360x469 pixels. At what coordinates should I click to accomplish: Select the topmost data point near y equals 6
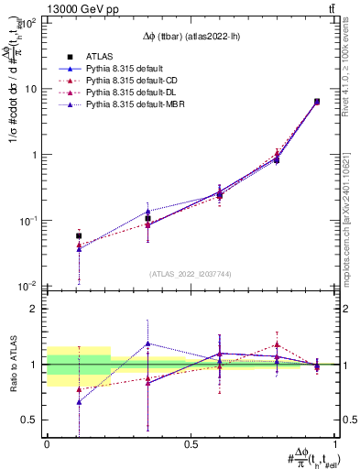(317, 102)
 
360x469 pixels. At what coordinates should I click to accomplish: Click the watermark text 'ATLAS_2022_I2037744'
(191, 274)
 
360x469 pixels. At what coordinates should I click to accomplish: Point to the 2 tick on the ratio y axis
(35, 309)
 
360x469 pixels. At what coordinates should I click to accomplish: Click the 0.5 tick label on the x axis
(191, 443)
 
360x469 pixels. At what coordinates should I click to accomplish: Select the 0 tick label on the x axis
(47, 443)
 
